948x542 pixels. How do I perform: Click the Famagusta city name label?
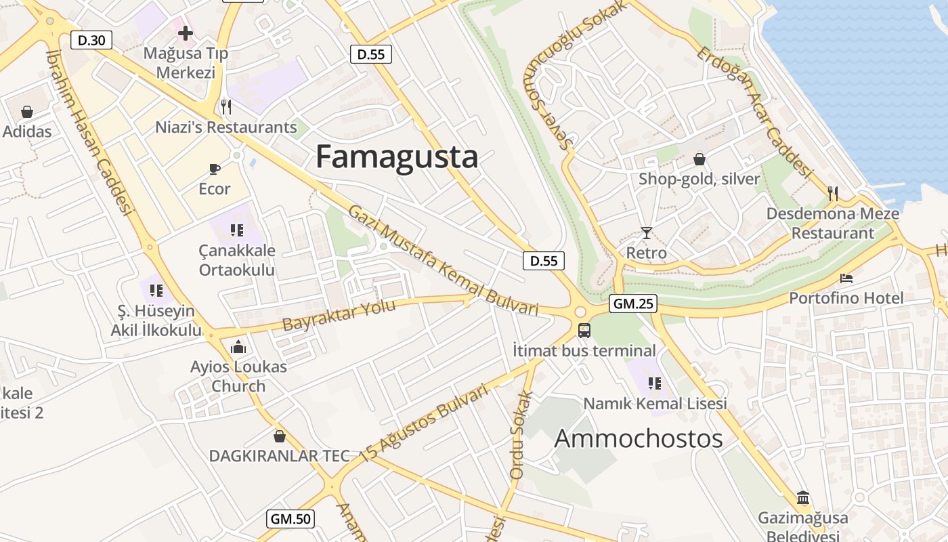click(397, 157)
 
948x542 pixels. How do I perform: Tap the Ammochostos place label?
click(639, 439)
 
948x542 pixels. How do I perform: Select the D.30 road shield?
click(91, 40)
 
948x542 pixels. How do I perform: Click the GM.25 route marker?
click(633, 304)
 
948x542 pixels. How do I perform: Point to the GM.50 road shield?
click(290, 519)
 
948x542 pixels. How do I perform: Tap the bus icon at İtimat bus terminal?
click(584, 331)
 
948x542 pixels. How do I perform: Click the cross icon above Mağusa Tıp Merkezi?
click(185, 33)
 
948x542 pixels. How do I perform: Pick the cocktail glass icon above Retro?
click(647, 233)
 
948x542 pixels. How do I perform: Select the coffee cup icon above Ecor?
click(215, 169)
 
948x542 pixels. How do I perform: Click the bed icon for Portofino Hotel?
click(846, 278)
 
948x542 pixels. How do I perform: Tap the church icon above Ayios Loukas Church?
click(238, 348)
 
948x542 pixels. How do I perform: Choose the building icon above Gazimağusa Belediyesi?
click(803, 498)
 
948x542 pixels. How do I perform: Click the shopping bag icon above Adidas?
click(27, 112)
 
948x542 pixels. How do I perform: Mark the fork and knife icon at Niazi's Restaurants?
click(226, 107)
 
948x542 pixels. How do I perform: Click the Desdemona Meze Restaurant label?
click(833, 224)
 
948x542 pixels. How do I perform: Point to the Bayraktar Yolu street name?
click(339, 316)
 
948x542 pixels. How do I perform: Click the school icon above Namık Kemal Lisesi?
click(654, 383)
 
